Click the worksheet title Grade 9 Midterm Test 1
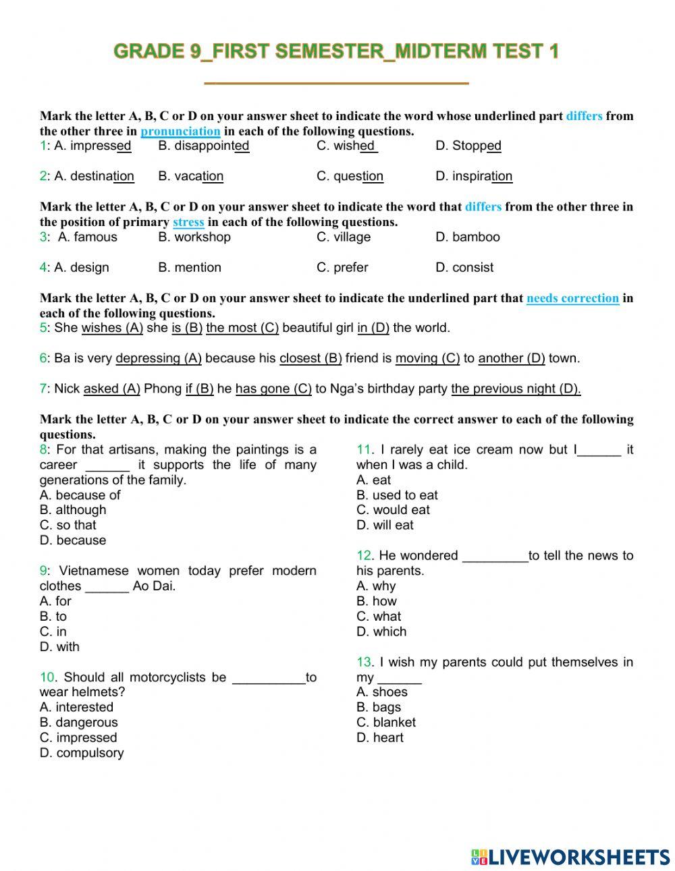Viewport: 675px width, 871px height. pos(336,51)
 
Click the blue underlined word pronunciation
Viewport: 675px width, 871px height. pos(180,131)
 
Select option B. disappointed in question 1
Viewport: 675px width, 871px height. pos(204,146)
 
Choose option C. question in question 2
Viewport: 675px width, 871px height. pos(350,176)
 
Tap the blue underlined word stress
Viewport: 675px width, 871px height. pos(188,222)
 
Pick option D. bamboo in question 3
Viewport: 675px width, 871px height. pos(468,237)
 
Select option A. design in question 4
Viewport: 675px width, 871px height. pos(81,267)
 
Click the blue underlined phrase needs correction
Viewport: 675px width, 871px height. pos(572,298)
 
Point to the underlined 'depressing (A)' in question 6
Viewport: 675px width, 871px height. pos(159,358)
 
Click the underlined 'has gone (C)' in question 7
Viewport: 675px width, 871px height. pos(273,389)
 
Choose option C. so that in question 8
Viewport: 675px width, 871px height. pos(68,525)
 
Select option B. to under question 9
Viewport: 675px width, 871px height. pos(53,616)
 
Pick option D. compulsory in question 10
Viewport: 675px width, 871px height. pos(82,753)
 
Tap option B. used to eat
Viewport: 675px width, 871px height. pos(397,495)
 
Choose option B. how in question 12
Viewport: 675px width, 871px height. pos(377,601)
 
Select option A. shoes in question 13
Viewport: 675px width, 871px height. pos(382,692)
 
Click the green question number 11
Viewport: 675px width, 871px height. pos(364,450)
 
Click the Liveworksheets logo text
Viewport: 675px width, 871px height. pos(570,857)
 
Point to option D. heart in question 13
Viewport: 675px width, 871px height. pos(380,737)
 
